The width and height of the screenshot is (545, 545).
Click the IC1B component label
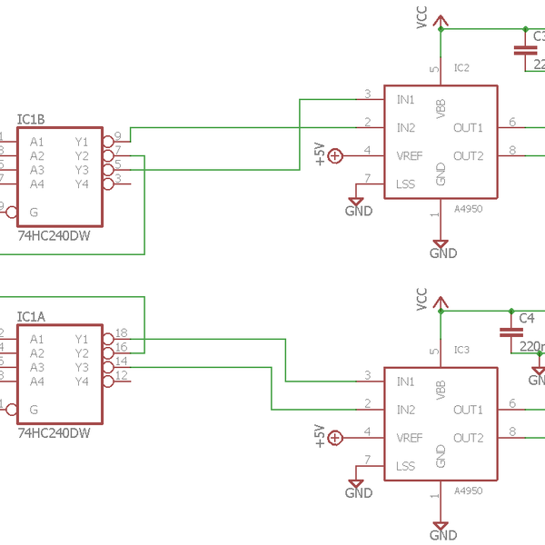[31, 120]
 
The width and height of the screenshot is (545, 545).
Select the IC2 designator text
[461, 68]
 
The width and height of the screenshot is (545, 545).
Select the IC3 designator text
[461, 350]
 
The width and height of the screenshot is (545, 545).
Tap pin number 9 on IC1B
[118, 136]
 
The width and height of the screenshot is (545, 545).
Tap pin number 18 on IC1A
[121, 332]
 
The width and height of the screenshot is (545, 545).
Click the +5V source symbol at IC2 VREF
[335, 156]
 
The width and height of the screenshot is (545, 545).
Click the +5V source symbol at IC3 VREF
[335, 438]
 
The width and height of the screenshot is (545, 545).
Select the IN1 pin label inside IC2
[406, 99]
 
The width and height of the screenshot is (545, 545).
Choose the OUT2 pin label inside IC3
[468, 438]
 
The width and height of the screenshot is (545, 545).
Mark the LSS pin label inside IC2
[406, 184]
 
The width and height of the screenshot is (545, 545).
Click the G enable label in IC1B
[34, 212]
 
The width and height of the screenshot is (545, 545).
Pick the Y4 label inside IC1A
[82, 381]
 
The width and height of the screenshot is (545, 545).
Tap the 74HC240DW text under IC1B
[54, 234]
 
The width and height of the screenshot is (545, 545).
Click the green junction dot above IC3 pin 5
[441, 311]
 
